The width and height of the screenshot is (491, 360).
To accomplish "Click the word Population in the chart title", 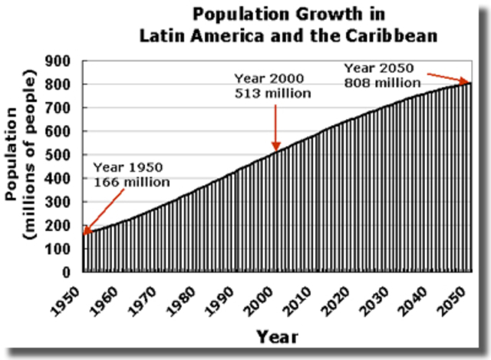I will click(228, 15).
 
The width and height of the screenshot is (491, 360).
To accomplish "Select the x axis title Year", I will click(277, 336).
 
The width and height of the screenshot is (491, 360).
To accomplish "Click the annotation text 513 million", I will click(272, 94).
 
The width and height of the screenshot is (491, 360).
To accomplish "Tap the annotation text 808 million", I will click(382, 83).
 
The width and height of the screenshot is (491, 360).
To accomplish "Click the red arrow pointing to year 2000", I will click(275, 127).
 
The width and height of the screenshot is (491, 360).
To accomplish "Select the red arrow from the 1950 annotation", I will click(104, 210).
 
